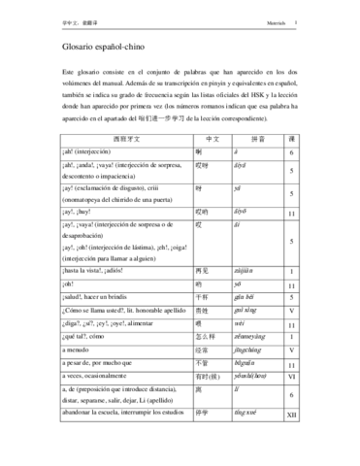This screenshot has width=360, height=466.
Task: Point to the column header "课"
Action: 318,140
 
